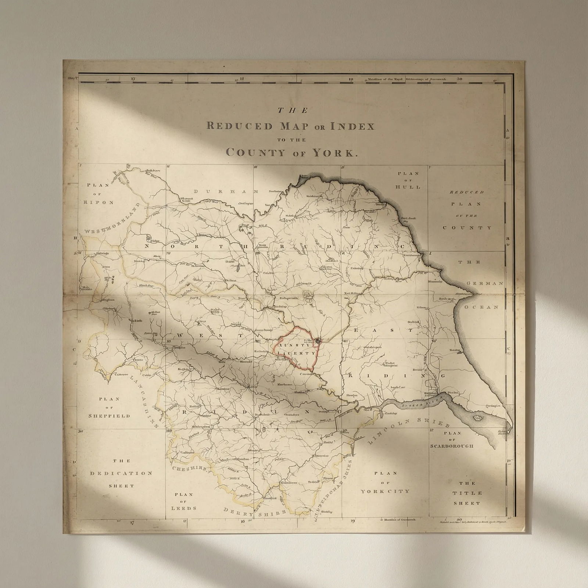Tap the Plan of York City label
pos(385,483)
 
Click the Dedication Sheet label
pos(121,473)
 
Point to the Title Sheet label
pos(467,493)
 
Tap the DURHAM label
pos(226,191)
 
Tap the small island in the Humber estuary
pos(478,418)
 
